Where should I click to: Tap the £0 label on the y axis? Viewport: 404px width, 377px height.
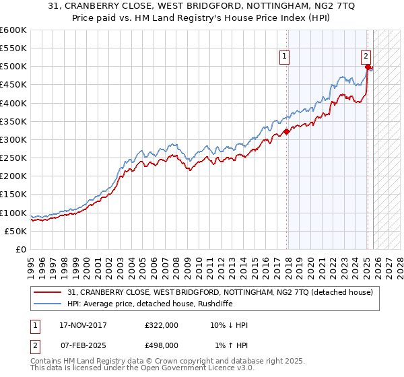pos(22,249)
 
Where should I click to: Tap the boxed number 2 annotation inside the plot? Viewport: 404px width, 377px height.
pos(366,57)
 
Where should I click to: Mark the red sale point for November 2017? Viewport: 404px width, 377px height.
pos(286,131)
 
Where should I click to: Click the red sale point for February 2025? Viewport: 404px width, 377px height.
pos(367,67)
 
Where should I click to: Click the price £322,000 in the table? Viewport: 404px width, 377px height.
pos(161,325)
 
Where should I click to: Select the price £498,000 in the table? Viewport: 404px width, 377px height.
pos(161,345)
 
